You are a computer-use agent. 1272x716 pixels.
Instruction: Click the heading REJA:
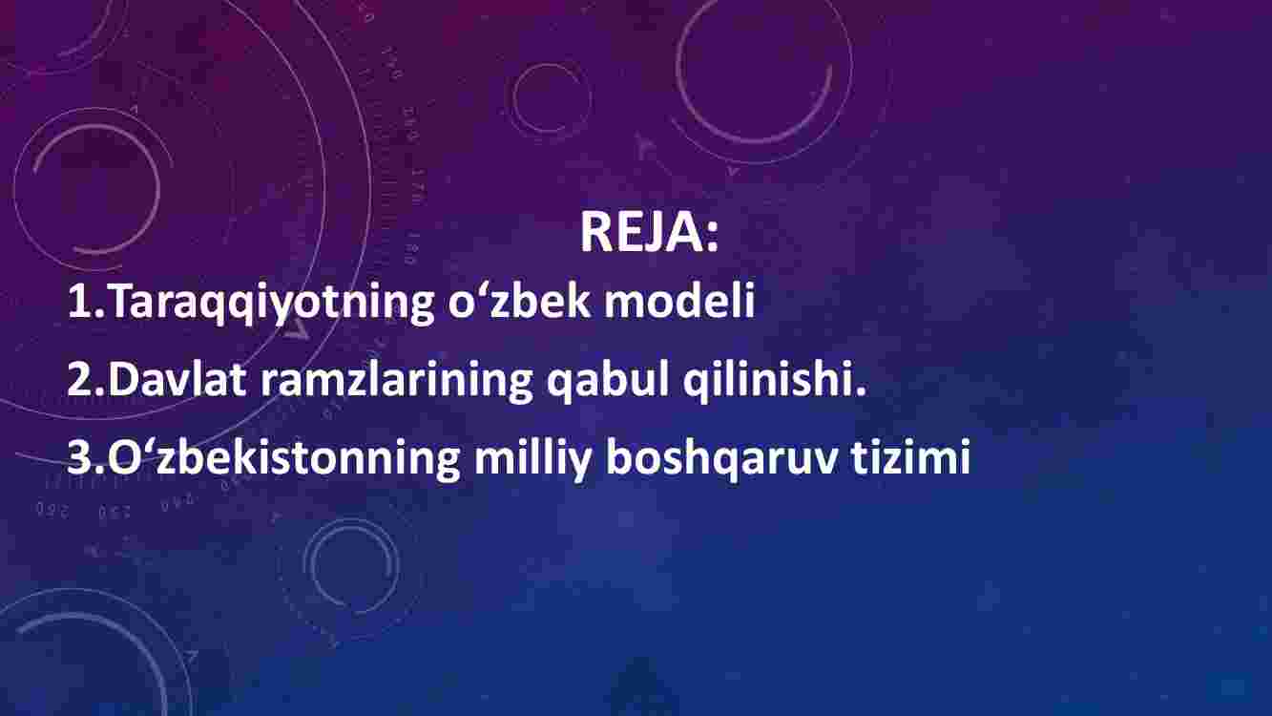pos(649,232)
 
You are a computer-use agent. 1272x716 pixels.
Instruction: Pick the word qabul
pos(608,381)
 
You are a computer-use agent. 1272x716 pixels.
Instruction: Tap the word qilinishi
pos(768,381)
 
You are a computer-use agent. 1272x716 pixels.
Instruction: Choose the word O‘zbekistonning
pos(284,458)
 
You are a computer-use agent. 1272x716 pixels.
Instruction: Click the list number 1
pos(81,300)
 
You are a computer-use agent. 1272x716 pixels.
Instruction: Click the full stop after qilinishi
pos(860,391)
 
